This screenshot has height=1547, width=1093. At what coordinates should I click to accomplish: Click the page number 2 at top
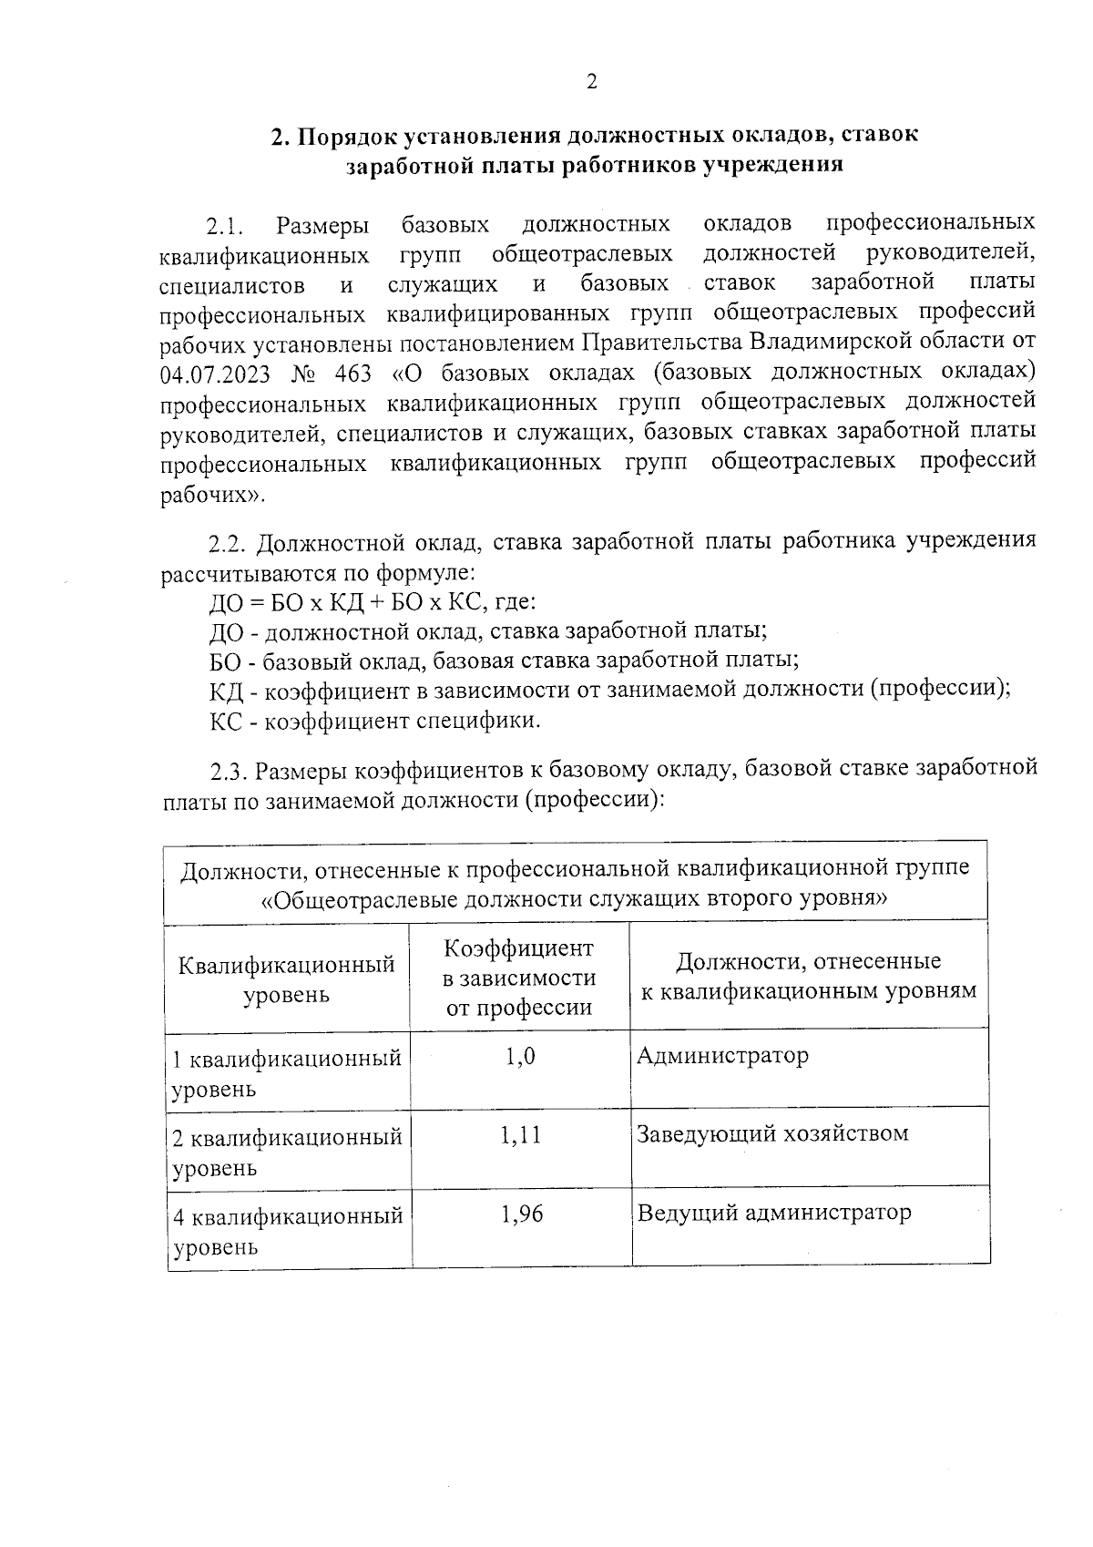[x=591, y=83]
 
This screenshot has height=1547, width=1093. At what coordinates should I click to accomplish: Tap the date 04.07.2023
[x=215, y=374]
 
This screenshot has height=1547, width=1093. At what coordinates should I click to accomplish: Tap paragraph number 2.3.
[x=230, y=771]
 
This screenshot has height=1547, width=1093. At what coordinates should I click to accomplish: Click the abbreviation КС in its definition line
[x=224, y=722]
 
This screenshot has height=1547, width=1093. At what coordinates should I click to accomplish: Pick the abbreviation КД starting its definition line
[x=224, y=691]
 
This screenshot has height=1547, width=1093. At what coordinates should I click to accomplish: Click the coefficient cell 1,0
[x=520, y=1057]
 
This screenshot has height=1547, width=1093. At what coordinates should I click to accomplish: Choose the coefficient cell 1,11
[x=520, y=1135]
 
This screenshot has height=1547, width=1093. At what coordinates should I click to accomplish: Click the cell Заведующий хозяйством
[x=772, y=1134]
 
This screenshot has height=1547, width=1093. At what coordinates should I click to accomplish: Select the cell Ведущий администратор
[x=773, y=1214]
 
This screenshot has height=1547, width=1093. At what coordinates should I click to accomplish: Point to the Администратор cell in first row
[x=722, y=1057]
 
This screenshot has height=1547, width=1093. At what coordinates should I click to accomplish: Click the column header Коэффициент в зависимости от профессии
[x=519, y=978]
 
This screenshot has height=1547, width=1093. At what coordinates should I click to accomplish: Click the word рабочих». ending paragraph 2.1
[x=213, y=496]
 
